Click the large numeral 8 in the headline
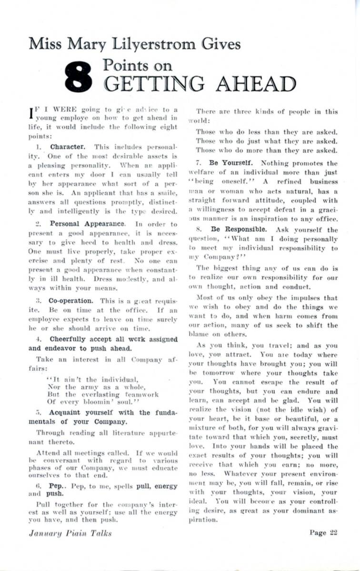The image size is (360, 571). point(79,76)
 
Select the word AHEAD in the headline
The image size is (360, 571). point(256,84)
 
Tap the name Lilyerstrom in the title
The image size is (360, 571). point(164,43)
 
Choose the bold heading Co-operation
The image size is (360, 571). point(70,301)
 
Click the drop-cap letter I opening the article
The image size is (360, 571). point(31,112)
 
